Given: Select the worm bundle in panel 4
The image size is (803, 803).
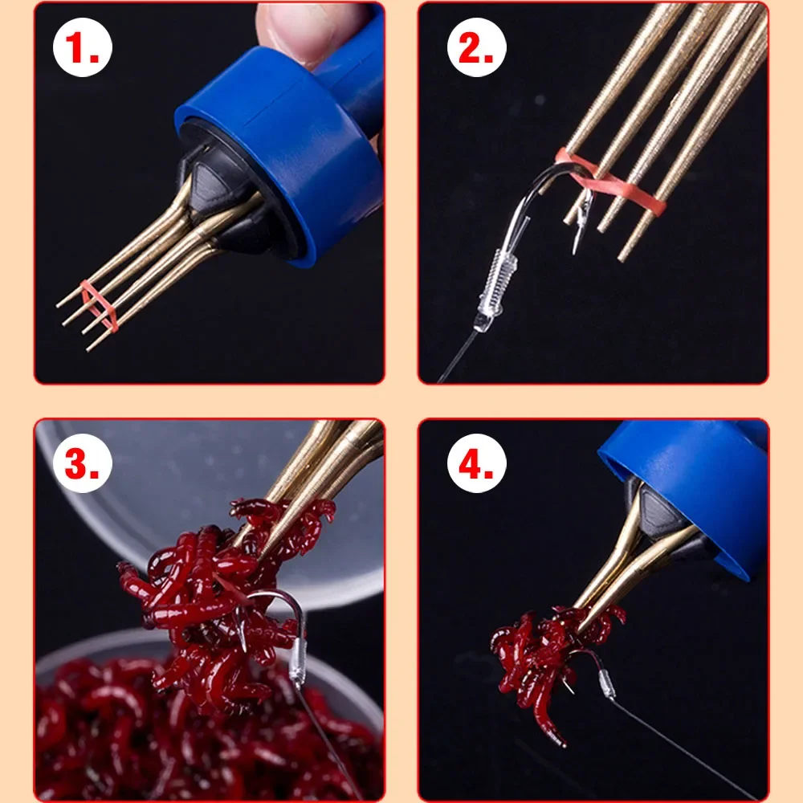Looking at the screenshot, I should (x=546, y=650).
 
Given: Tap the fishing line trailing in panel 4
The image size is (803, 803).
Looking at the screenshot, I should (x=683, y=747).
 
